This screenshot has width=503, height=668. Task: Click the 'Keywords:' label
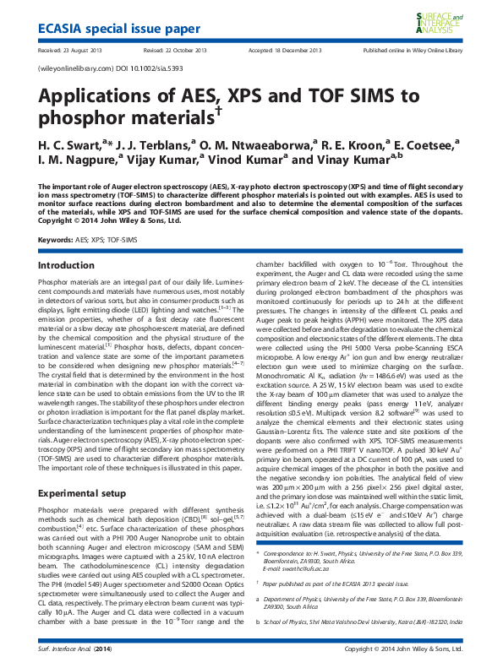click(x=55, y=241)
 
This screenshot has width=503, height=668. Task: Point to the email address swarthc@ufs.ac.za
click(x=317, y=546)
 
